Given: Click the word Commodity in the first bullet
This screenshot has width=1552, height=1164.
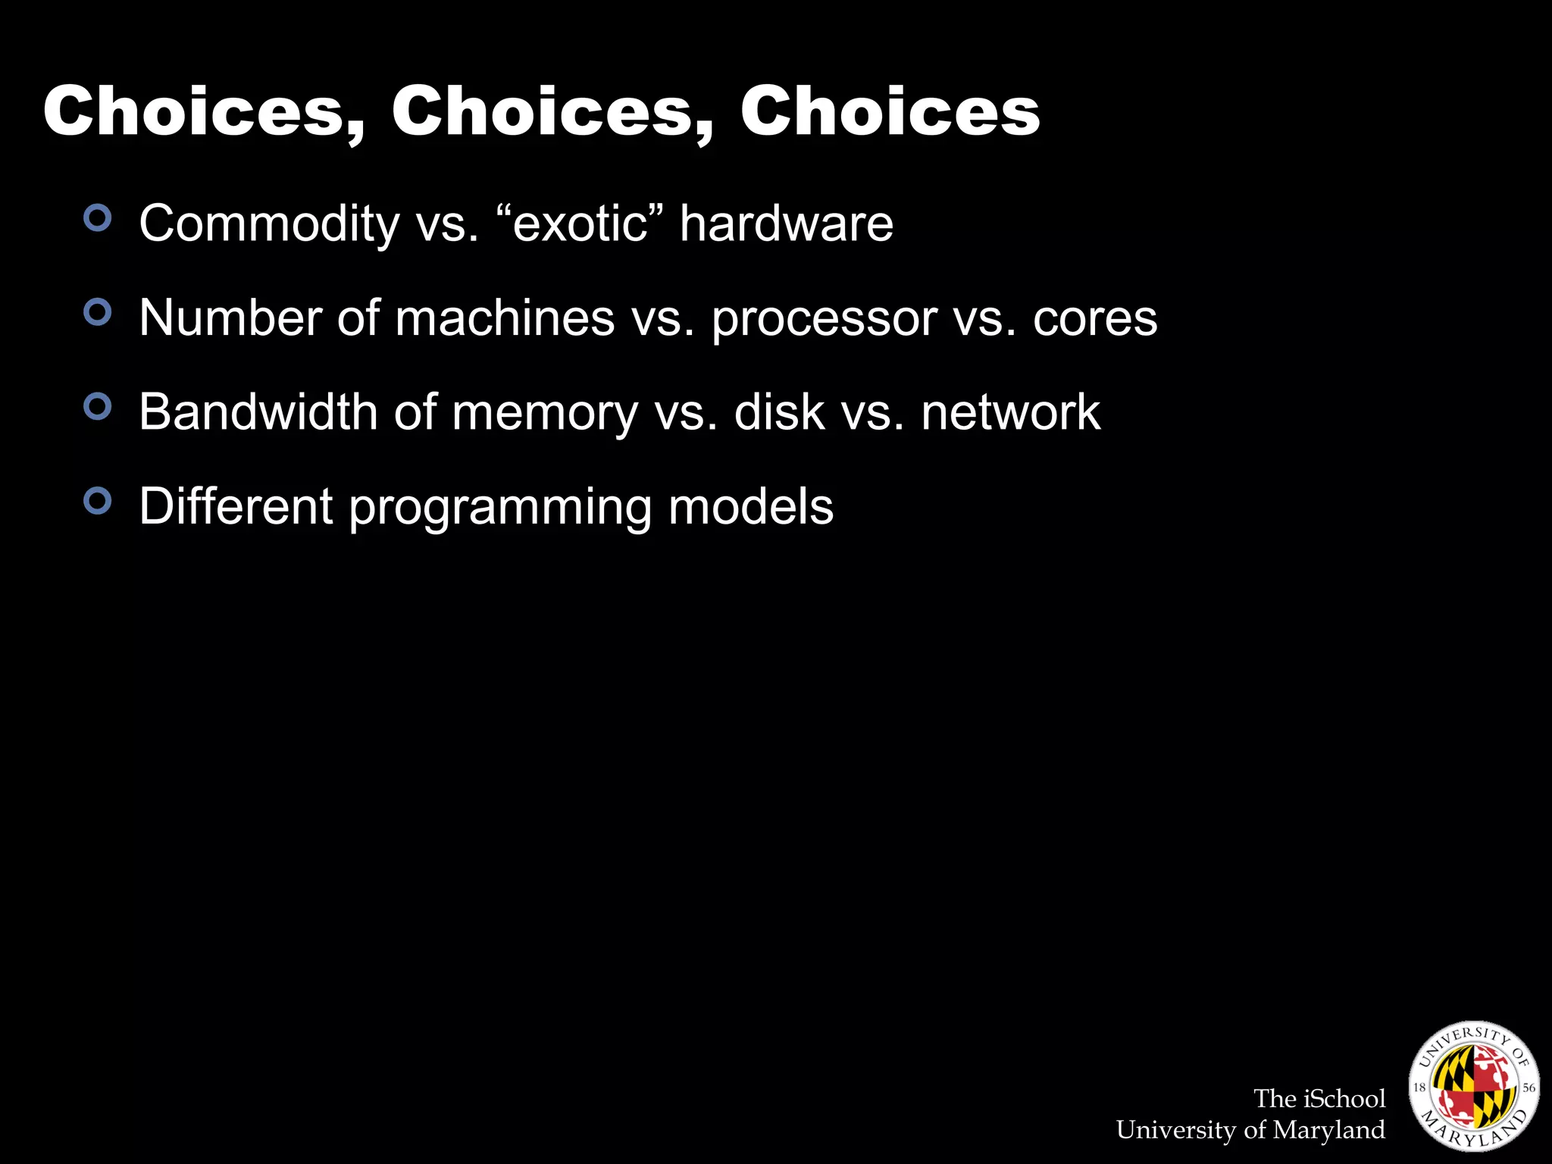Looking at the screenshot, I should [269, 224].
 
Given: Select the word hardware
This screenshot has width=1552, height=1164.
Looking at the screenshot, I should [786, 224].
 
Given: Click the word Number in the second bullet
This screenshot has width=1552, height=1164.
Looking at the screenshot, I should [230, 318].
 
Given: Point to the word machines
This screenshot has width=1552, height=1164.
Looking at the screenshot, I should [505, 318].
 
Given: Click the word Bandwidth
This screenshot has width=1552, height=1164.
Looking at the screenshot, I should [258, 413].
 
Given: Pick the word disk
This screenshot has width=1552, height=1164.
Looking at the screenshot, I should [779, 413].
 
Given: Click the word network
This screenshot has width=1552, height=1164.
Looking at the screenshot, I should [1010, 413].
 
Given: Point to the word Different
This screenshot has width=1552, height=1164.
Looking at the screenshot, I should [236, 507].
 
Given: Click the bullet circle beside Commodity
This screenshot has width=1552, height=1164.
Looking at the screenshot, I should [98, 218].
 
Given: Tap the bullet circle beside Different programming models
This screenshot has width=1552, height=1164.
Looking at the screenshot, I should [98, 501].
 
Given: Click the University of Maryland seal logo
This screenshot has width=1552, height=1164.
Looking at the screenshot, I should [1473, 1085].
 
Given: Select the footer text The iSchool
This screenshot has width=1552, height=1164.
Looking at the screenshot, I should [1319, 1098].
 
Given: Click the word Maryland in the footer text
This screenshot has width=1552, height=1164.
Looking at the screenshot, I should [1328, 1130].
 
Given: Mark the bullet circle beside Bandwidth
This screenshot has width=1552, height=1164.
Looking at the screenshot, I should [98, 407].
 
